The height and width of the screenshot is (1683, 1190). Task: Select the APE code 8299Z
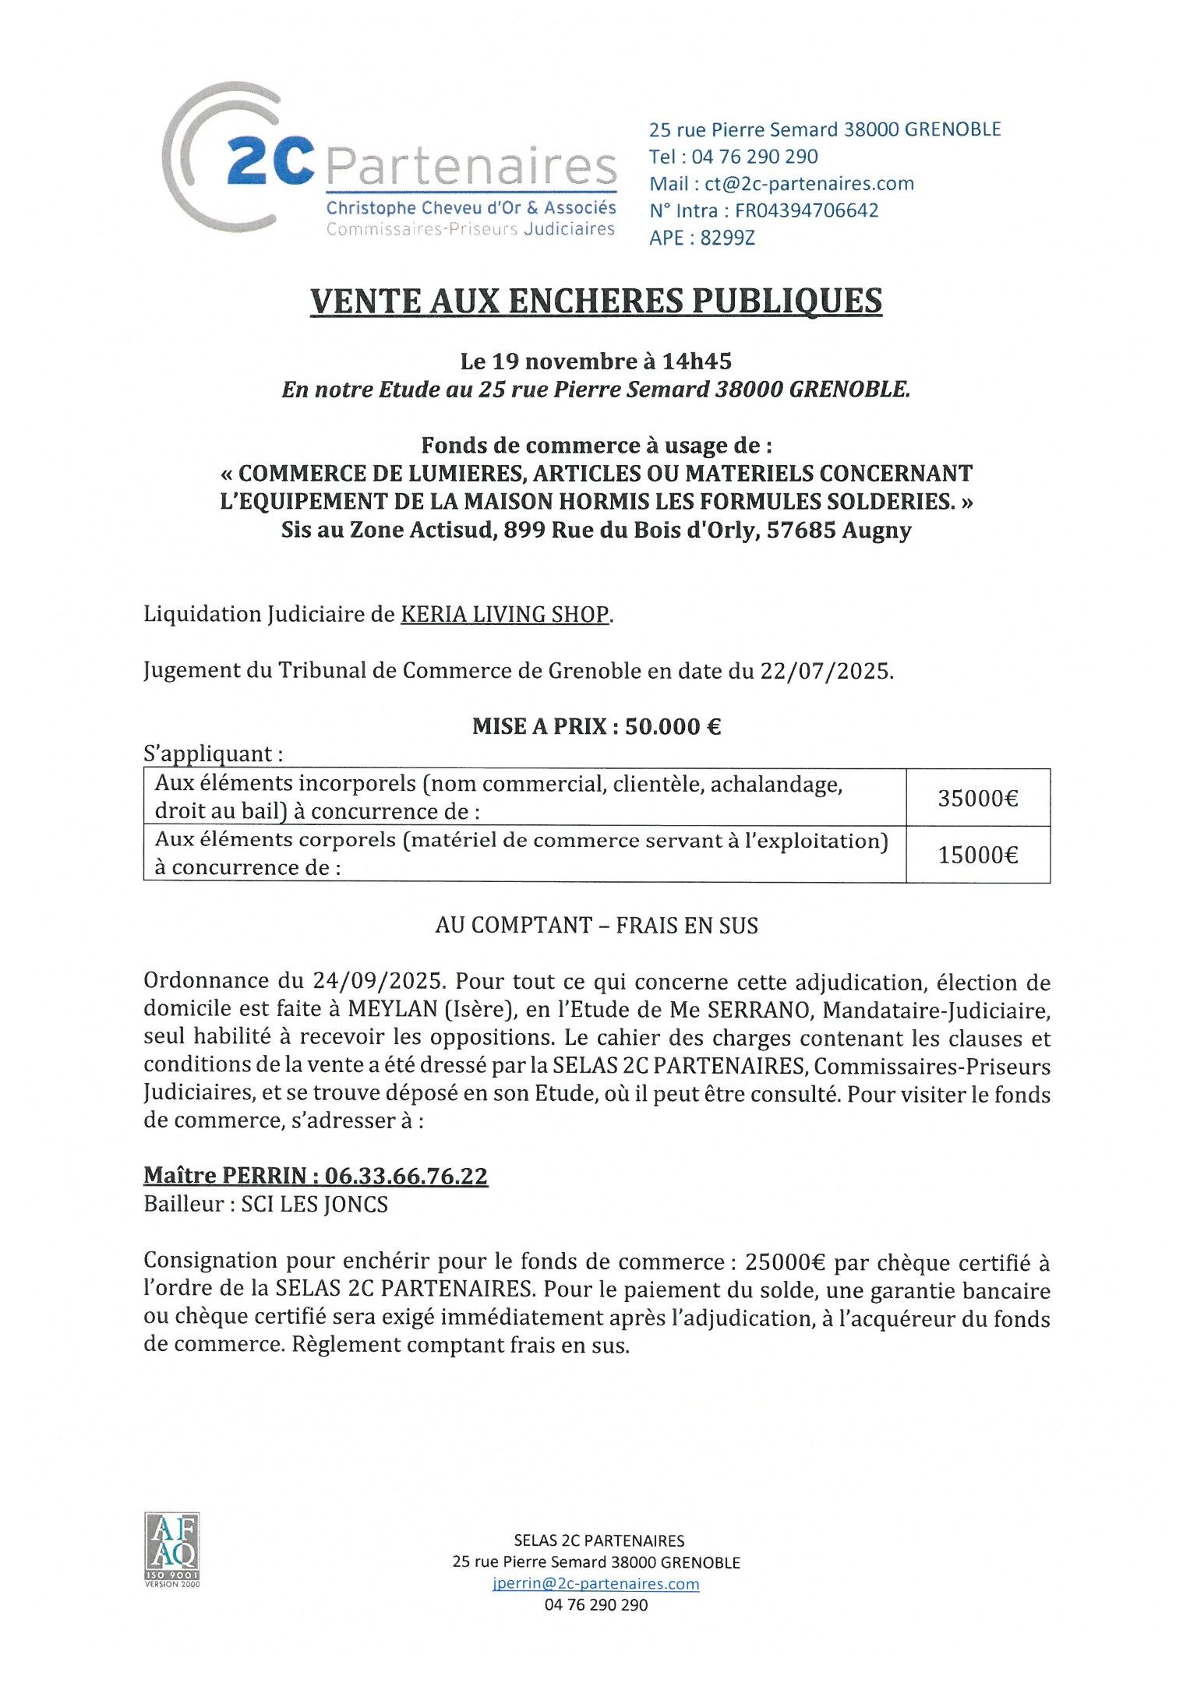(727, 238)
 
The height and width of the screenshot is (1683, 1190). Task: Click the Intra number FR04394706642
(807, 210)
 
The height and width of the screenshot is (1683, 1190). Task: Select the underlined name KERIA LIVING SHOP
(504, 614)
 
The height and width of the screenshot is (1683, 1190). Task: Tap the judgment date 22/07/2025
(825, 670)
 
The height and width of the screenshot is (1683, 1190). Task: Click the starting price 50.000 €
(673, 726)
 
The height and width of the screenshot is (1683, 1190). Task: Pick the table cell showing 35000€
(977, 798)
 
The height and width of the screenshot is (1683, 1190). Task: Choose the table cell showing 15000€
(977, 855)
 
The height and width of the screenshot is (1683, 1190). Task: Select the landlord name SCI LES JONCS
(314, 1205)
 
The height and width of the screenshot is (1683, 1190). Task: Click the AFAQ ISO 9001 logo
(171, 1550)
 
